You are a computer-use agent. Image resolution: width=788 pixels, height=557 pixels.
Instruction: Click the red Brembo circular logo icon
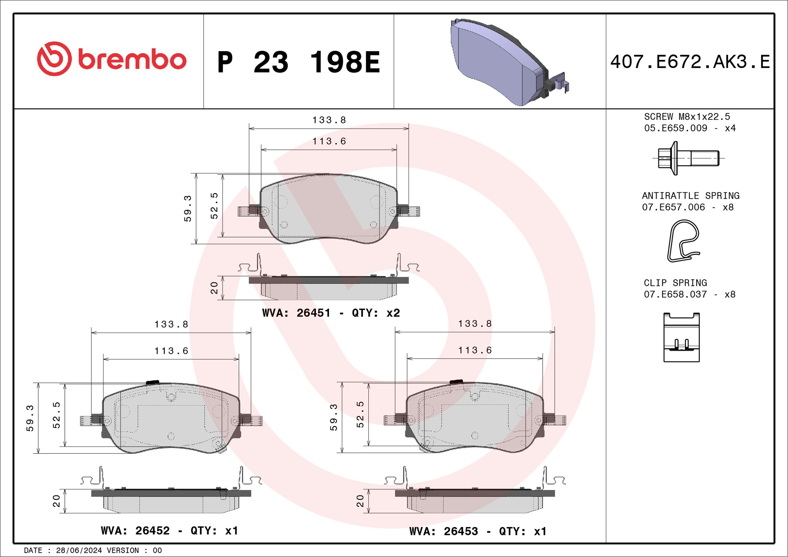click(54, 59)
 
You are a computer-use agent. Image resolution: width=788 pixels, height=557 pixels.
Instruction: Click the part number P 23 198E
click(298, 62)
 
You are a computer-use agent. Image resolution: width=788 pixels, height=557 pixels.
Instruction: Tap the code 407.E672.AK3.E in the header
click(690, 62)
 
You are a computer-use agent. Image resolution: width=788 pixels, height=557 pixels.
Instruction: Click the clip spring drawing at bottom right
click(681, 337)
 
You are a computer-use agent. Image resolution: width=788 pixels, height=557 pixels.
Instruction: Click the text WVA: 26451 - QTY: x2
click(331, 313)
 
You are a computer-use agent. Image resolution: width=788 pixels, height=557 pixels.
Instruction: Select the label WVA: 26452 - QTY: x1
click(169, 530)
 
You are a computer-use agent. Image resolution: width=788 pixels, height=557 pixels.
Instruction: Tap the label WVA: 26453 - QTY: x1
click(478, 531)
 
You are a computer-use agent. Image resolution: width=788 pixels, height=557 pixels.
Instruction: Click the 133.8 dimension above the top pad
click(329, 120)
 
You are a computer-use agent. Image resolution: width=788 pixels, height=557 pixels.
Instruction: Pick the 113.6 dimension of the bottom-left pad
click(171, 351)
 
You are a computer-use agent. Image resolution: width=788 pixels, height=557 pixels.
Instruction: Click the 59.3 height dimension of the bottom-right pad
click(334, 417)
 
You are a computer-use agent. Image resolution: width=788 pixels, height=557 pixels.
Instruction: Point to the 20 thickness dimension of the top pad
click(214, 288)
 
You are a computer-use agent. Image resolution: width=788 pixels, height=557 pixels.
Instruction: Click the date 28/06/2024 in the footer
click(79, 550)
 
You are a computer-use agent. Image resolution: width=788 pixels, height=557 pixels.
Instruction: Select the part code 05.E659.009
click(676, 128)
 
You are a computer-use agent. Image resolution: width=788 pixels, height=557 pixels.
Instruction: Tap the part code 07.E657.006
click(673, 207)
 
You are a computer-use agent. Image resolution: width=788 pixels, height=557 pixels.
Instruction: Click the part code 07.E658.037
click(675, 294)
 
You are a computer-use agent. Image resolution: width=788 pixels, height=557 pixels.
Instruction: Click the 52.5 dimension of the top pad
click(214, 206)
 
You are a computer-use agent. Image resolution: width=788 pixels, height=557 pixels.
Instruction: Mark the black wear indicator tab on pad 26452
click(152, 382)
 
